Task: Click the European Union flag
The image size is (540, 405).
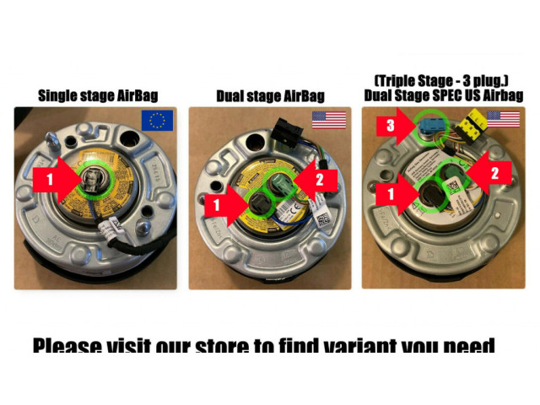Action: pyautogui.click(x=157, y=120)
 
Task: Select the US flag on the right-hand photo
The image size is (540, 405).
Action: pyautogui.click(x=503, y=119)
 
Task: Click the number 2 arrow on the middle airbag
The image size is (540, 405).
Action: pyautogui.click(x=321, y=180)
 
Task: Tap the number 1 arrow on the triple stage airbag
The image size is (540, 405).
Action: pyautogui.click(x=390, y=192)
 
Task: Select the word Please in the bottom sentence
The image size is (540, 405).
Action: pyautogui.click(x=67, y=348)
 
